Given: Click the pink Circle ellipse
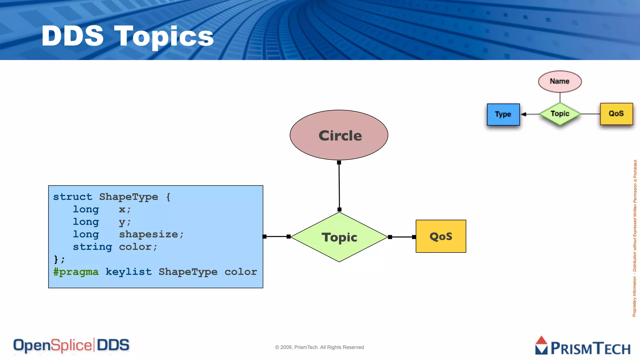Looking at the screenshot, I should pos(339,135).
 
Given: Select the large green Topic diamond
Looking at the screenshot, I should pos(339,237).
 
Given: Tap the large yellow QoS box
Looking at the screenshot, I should pos(441,236).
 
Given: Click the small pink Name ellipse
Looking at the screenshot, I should pos(560,81).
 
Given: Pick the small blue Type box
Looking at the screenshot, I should pos(503,114).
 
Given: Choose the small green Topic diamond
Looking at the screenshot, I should pos(560,114).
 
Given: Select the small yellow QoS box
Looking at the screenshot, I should pos(616,114).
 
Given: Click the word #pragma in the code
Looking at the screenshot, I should pos(76,272).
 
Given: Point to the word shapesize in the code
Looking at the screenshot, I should pos(148,234).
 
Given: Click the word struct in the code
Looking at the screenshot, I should pos(72,197).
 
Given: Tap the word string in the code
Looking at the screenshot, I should pos(92,247).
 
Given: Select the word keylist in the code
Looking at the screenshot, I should pos(128,272).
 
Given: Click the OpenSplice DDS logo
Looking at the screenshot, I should pos(71,345).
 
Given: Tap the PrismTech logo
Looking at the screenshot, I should pos(583,346).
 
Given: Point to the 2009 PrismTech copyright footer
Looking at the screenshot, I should pos(319,347).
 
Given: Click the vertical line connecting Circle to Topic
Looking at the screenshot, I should pos(339,186).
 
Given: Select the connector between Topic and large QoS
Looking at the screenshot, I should pos(402,237).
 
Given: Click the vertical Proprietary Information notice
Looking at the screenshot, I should pos(635,237).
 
